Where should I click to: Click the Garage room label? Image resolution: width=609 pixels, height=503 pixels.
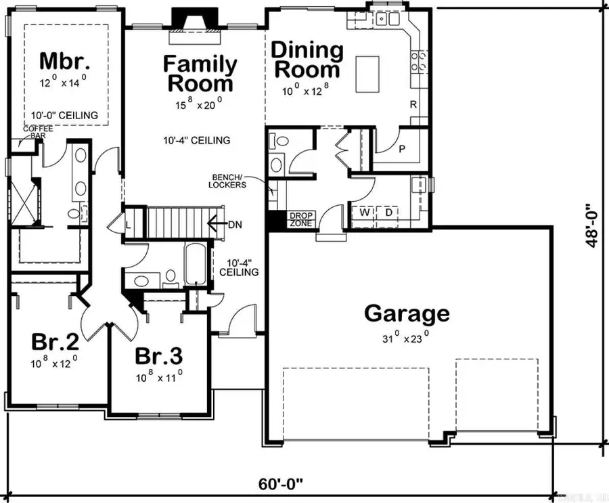pos(406,313)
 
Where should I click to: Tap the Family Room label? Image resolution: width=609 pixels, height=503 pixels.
pos(200,74)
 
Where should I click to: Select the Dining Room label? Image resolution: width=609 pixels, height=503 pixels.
pos(307,60)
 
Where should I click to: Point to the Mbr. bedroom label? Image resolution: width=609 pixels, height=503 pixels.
pos(64,60)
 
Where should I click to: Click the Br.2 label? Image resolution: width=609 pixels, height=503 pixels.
pos(54,341)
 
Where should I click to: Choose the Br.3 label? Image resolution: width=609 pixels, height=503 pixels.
pos(158,355)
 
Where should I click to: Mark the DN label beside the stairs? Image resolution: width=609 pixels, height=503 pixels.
pos(235,223)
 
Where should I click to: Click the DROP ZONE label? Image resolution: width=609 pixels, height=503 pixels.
pos(300,219)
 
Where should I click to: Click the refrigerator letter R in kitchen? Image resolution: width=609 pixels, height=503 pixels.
pos(413,104)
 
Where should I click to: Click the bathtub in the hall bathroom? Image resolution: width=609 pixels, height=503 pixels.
pos(192,265)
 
